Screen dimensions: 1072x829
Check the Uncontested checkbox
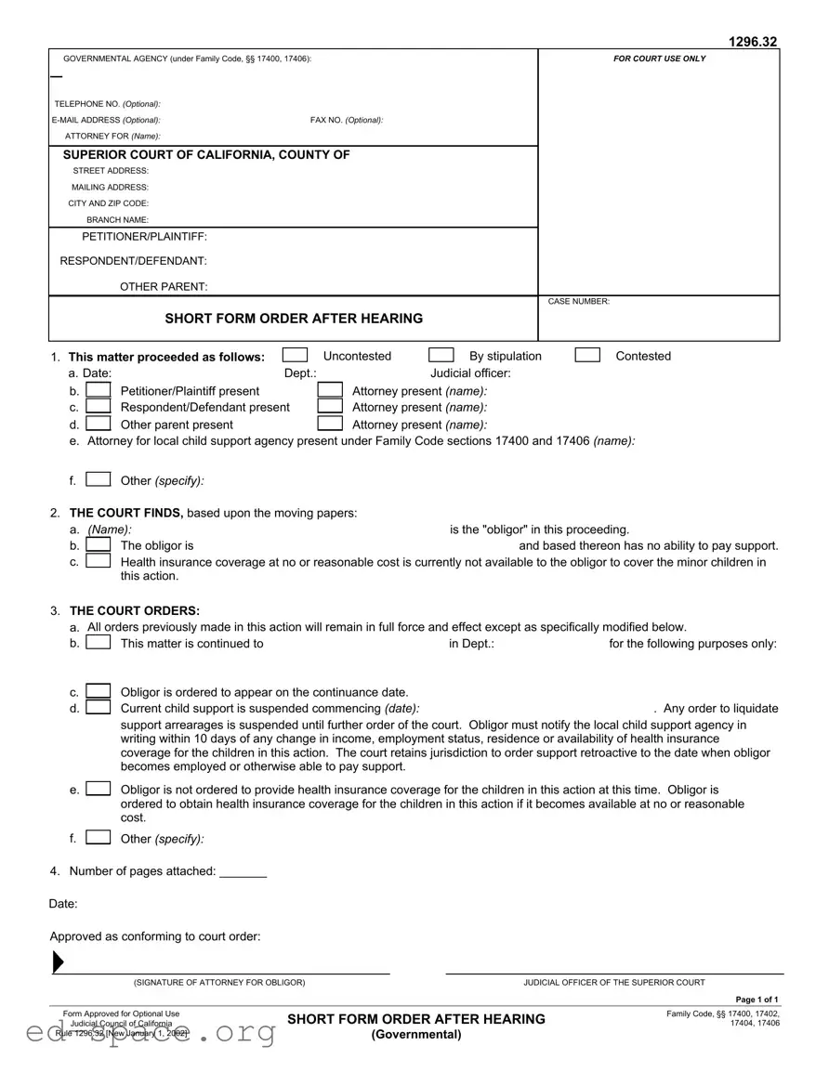295,355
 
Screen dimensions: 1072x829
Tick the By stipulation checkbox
441,355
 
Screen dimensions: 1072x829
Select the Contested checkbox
587,355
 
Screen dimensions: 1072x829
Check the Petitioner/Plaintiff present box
99,391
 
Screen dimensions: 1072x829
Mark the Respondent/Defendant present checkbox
99,407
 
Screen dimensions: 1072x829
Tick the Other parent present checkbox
99,424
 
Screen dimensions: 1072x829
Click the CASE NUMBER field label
578,302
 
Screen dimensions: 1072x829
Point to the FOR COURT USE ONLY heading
659,59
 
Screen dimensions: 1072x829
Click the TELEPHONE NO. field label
107,104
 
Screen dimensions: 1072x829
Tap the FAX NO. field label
346,120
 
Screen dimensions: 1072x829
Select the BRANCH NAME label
117,219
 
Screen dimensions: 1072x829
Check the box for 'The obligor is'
99,545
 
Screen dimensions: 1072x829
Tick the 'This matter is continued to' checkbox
99,643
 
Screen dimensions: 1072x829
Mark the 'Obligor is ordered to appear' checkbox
99,691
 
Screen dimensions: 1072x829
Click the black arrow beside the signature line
58,962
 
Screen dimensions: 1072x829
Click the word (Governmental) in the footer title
416,1035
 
